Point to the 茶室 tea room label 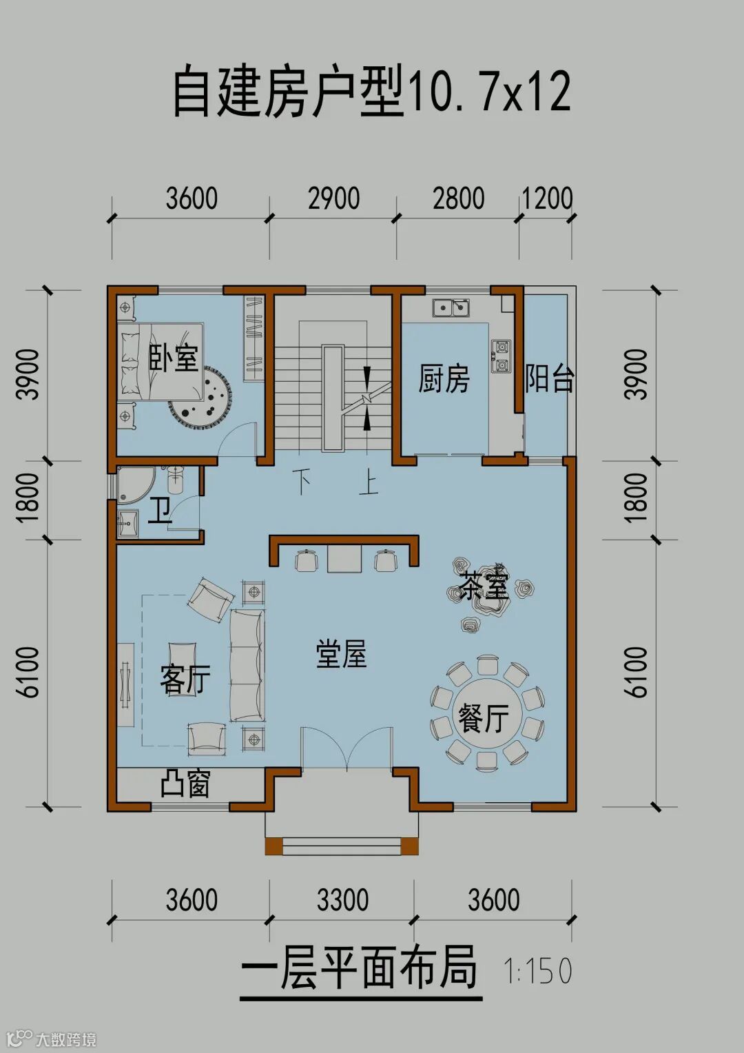coord(484,586)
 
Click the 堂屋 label coord(341,655)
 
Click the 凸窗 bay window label coord(185,783)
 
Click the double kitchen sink coord(452,308)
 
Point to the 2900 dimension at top coord(333,198)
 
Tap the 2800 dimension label coord(458,198)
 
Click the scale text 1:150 coord(537,970)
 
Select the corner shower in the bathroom coord(134,484)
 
